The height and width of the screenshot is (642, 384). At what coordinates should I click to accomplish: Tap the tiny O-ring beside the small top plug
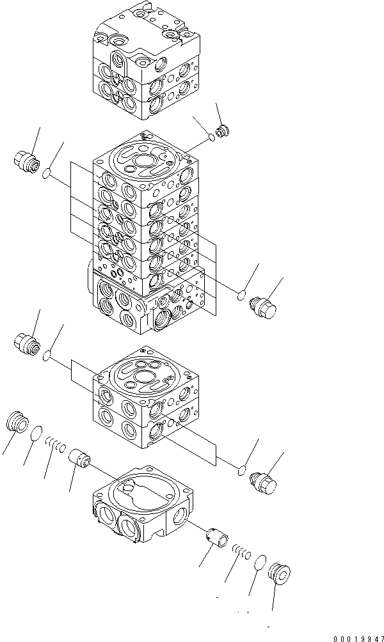point(211,137)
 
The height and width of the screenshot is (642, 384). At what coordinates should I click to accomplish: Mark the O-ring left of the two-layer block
point(47,354)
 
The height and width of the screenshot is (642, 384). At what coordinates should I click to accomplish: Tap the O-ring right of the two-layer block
point(242,471)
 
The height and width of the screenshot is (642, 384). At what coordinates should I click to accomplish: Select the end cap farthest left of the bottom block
point(17,423)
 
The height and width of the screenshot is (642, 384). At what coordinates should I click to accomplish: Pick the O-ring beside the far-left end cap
point(38,434)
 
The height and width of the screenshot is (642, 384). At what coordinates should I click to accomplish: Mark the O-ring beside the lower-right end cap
point(259,563)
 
